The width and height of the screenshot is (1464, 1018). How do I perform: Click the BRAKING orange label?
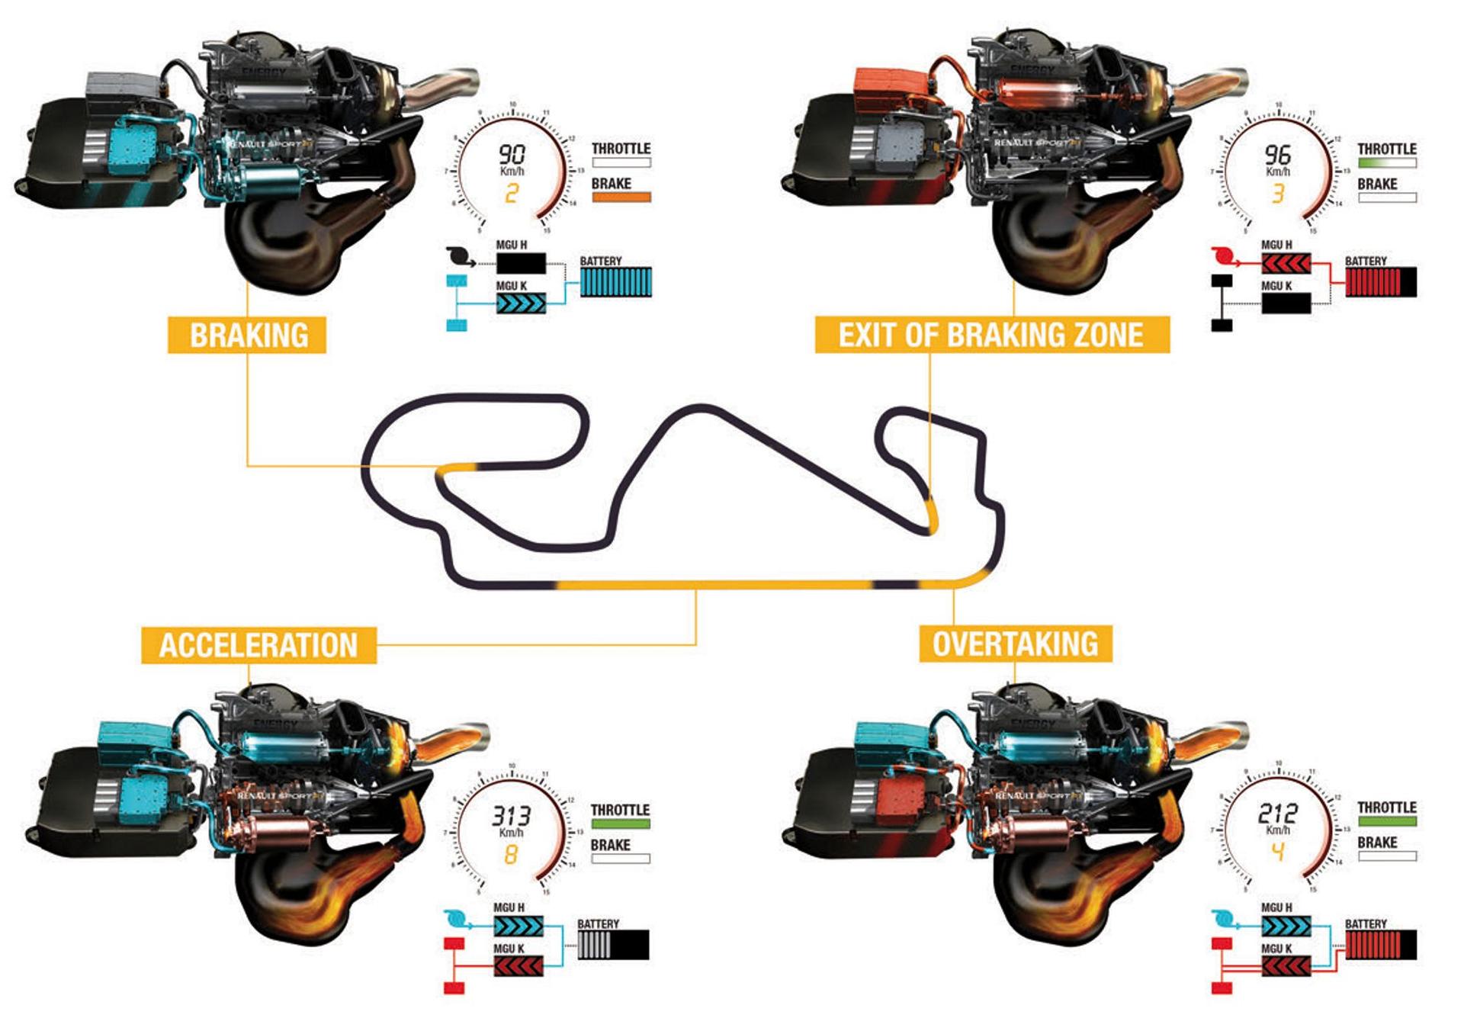247,335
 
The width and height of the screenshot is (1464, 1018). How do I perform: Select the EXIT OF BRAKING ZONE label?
991,335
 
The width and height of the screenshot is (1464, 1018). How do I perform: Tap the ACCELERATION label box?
258,644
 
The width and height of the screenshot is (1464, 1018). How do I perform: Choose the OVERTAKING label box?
1015,644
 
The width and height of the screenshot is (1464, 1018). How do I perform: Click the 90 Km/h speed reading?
512,156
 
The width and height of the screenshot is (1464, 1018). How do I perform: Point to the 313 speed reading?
510,817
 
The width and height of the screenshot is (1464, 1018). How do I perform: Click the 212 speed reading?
1277,814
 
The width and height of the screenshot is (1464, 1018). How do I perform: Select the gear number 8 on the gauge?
510,855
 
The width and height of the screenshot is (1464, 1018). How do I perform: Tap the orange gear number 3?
1278,194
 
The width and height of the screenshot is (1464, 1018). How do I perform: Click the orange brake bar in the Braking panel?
621,197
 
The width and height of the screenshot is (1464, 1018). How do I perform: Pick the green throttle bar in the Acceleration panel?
620,824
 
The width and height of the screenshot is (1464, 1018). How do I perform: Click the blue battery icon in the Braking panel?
615,282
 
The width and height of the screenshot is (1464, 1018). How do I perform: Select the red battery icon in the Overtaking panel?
1380,945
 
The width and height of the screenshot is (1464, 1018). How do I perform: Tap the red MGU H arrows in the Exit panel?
1286,265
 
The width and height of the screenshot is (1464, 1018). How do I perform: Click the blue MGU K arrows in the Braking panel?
521,304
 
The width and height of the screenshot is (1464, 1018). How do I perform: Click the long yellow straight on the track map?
709,586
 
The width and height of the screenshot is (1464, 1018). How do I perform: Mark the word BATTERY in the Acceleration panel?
598,924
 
